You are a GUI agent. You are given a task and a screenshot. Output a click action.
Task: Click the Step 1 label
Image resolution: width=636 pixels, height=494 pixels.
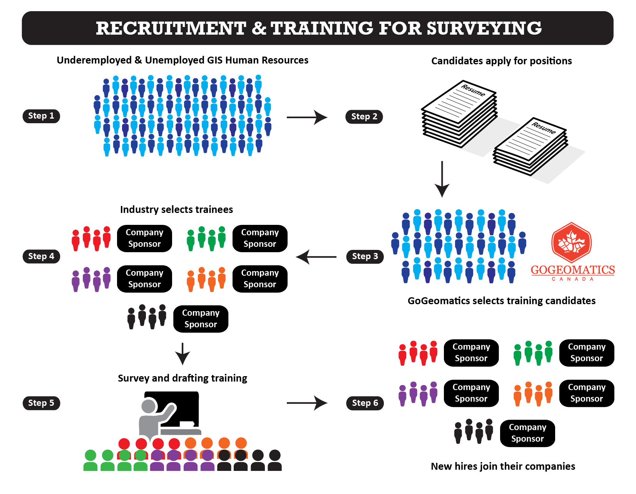tap(41, 116)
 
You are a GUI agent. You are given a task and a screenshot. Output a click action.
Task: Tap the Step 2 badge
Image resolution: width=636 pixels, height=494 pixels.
tap(364, 117)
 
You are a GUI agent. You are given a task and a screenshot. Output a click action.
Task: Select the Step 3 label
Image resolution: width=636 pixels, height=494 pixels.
tap(365, 256)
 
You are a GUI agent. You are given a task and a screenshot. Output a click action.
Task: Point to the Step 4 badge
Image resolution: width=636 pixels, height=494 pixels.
tap(41, 256)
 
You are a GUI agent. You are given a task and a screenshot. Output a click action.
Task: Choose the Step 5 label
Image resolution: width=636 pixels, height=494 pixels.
tap(41, 403)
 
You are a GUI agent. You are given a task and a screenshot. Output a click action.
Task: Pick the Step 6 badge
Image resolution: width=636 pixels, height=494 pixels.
tap(365, 403)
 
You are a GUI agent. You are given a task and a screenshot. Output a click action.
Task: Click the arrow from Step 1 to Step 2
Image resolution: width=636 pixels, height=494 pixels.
tap(306, 117)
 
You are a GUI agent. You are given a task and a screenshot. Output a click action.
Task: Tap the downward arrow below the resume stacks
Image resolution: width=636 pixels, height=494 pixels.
tap(442, 179)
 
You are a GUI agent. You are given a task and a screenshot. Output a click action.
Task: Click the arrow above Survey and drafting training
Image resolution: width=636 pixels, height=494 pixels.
tap(182, 353)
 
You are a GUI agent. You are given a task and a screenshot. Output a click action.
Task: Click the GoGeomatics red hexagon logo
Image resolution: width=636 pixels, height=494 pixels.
tap(571, 243)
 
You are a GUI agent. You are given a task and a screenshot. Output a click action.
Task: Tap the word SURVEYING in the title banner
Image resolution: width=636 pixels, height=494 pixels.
tap(484, 28)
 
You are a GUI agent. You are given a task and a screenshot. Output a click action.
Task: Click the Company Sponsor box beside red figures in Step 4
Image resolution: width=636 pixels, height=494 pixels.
tap(144, 238)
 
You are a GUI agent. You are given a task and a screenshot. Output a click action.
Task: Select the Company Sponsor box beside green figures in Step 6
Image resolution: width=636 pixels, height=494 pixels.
tap(586, 353)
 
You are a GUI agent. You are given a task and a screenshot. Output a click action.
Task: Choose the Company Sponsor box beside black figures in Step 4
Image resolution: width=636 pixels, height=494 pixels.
tap(201, 319)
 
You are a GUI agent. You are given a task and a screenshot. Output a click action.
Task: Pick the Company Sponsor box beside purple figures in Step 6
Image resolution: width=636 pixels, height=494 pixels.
tap(471, 393)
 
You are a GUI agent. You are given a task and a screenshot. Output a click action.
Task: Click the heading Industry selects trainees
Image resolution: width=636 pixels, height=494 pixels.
tap(176, 209)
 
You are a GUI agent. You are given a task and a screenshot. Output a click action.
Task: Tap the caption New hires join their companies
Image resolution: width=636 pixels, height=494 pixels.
tap(503, 466)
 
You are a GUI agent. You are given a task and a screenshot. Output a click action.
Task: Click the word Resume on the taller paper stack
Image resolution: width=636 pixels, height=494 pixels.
tap(473, 90)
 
